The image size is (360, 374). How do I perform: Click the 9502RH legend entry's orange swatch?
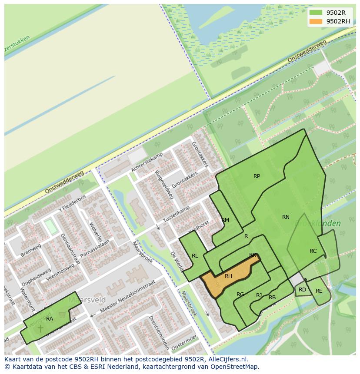316,21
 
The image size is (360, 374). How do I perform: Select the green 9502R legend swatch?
316,13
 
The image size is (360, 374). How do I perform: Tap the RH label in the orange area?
228,276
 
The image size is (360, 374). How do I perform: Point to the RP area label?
257,176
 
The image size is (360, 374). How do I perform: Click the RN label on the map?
286,217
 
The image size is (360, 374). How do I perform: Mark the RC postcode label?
313,251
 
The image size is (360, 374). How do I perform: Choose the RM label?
225,220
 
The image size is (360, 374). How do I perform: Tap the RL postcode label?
195,256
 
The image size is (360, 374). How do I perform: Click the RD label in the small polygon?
302,290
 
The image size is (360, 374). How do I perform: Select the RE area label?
319,291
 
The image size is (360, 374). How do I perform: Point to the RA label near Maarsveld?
50,319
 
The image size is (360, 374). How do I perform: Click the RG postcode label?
240,295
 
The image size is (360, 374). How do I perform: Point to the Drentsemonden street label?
159,332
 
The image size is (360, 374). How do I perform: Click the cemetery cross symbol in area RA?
40,328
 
